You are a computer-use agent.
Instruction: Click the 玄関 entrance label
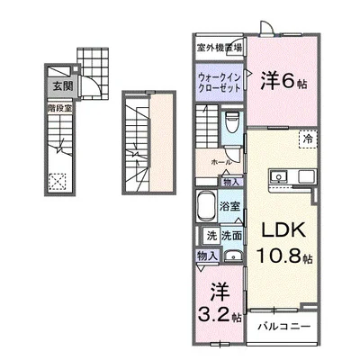coord(57,87)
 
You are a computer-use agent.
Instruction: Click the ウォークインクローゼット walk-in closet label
coord(219,82)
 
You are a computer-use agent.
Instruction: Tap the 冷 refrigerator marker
coord(308,140)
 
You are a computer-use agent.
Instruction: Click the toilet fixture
coord(231,121)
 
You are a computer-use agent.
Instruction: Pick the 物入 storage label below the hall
coord(231,183)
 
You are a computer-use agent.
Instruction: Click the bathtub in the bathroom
coord(208,204)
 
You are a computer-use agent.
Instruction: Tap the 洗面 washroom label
coord(229,236)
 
